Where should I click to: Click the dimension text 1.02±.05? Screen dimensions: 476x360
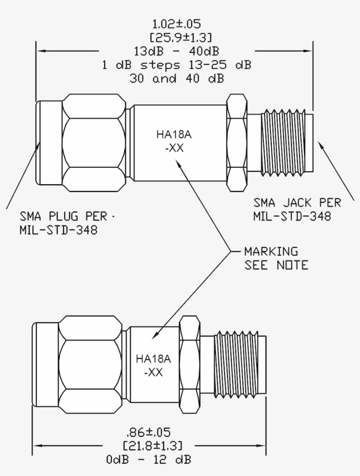point(176,23)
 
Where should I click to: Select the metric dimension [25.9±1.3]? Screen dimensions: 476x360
point(176,37)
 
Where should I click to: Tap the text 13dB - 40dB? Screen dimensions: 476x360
point(176,51)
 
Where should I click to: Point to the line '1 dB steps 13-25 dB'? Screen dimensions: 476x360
point(176,65)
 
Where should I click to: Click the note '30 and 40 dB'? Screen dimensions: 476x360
point(176,79)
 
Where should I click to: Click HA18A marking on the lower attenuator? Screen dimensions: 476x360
point(153,359)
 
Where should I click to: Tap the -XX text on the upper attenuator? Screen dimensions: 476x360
point(174,148)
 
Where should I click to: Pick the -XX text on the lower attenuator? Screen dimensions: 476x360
point(153,372)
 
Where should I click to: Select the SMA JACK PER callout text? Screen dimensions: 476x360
point(297,203)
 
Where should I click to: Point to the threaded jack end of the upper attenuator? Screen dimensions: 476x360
point(283,143)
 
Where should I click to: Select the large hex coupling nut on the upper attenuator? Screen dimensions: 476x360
point(93,143)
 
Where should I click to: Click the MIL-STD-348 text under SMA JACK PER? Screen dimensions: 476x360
point(292,216)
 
